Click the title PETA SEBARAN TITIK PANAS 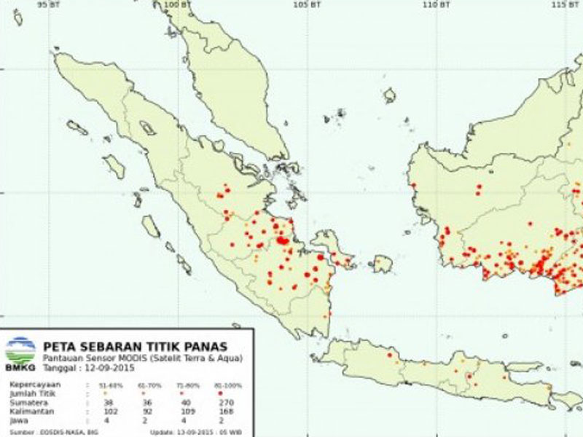point(135,346)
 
